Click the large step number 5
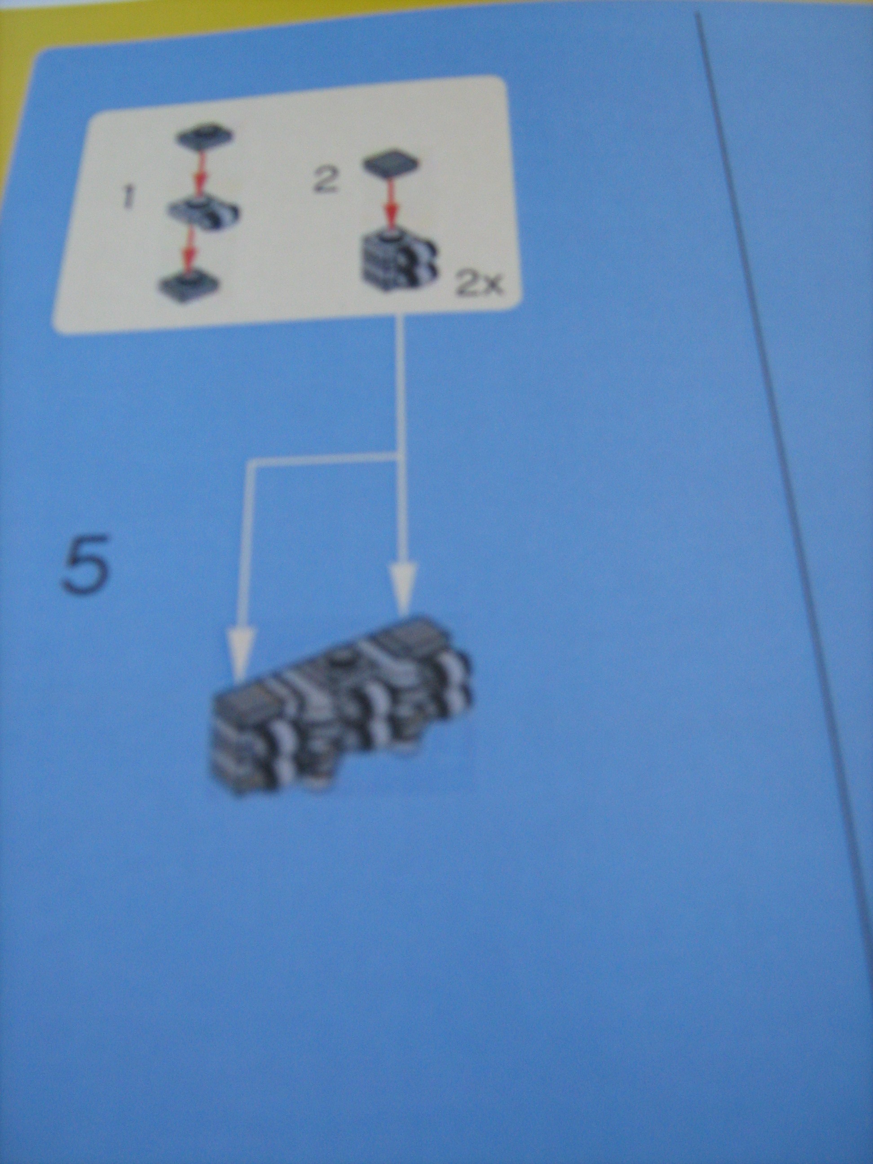point(86,566)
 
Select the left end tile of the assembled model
point(245,704)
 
